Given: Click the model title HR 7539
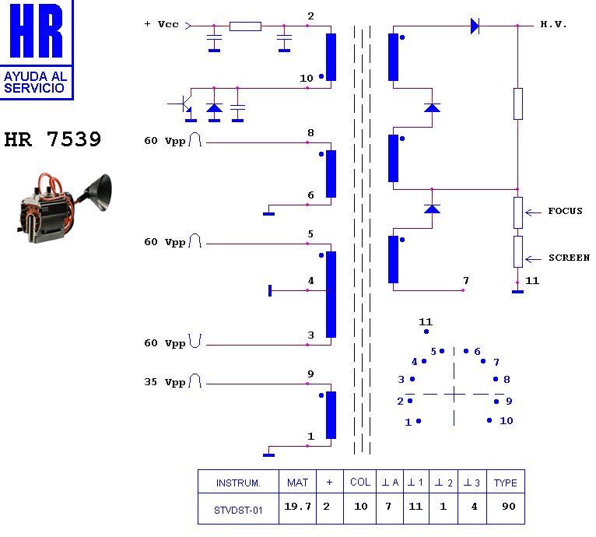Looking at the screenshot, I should coord(52,140).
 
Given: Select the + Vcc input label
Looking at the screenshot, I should coord(162,24).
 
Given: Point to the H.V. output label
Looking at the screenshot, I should coord(553,24).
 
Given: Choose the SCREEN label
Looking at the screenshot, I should coord(569,258).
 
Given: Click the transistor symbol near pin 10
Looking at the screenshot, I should coord(184,104).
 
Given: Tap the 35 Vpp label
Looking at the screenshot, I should coord(165,382).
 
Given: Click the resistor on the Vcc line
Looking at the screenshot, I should coord(245,26).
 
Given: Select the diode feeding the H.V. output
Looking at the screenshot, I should coord(475,26).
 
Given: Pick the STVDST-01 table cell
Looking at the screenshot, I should coord(237,511).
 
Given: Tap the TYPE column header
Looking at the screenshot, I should coord(505,483).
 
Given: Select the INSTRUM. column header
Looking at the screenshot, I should coord(237,483).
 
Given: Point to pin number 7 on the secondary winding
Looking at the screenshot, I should coord(465,280).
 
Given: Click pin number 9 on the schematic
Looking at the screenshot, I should coord(310,374).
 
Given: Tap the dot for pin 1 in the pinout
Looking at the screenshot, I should coord(419,421).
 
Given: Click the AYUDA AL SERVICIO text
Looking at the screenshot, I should coord(36,82).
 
